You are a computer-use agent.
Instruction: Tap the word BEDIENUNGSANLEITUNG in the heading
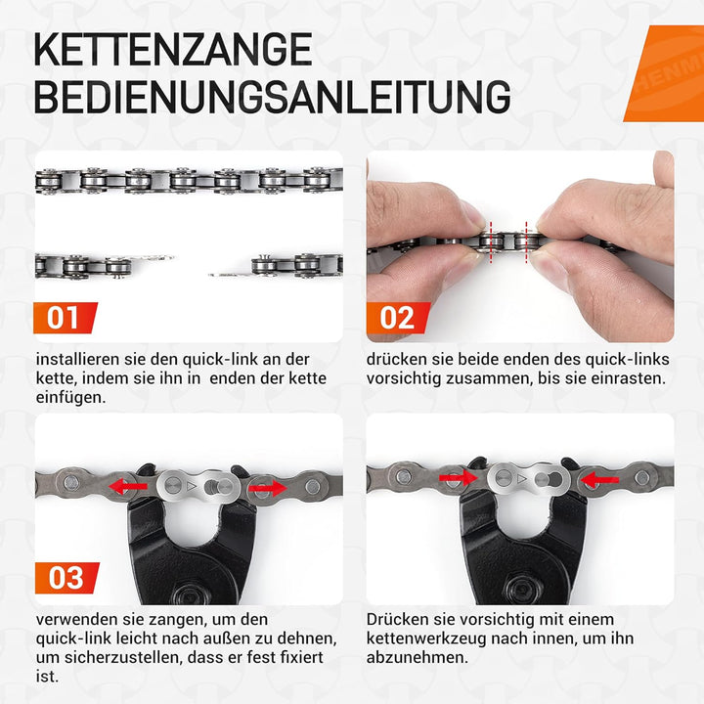pyautogui.click(x=271, y=97)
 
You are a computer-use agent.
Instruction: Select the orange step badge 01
pyautogui.click(x=65, y=318)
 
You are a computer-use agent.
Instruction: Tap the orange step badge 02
pyautogui.click(x=397, y=318)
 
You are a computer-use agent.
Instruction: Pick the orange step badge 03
pyautogui.click(x=65, y=578)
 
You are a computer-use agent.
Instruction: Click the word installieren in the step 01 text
pyautogui.click(x=74, y=359)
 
